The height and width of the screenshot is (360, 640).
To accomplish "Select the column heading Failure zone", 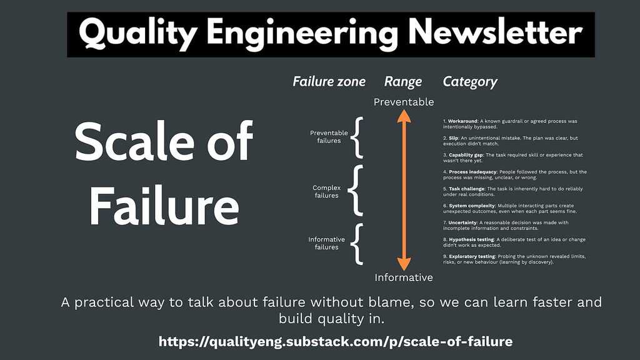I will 329,81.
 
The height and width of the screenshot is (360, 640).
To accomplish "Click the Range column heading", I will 403,81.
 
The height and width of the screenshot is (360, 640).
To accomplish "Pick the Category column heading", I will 470,81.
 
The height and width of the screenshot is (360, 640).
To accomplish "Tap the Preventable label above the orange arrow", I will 404,101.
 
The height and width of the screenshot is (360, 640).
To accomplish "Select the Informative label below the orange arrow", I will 404,277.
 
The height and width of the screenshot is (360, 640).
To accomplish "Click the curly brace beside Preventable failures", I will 357,137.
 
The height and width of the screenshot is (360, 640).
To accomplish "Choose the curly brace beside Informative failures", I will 357,243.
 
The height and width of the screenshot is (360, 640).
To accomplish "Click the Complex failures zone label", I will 326,191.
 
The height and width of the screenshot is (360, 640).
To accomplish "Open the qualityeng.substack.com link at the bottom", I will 336,341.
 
